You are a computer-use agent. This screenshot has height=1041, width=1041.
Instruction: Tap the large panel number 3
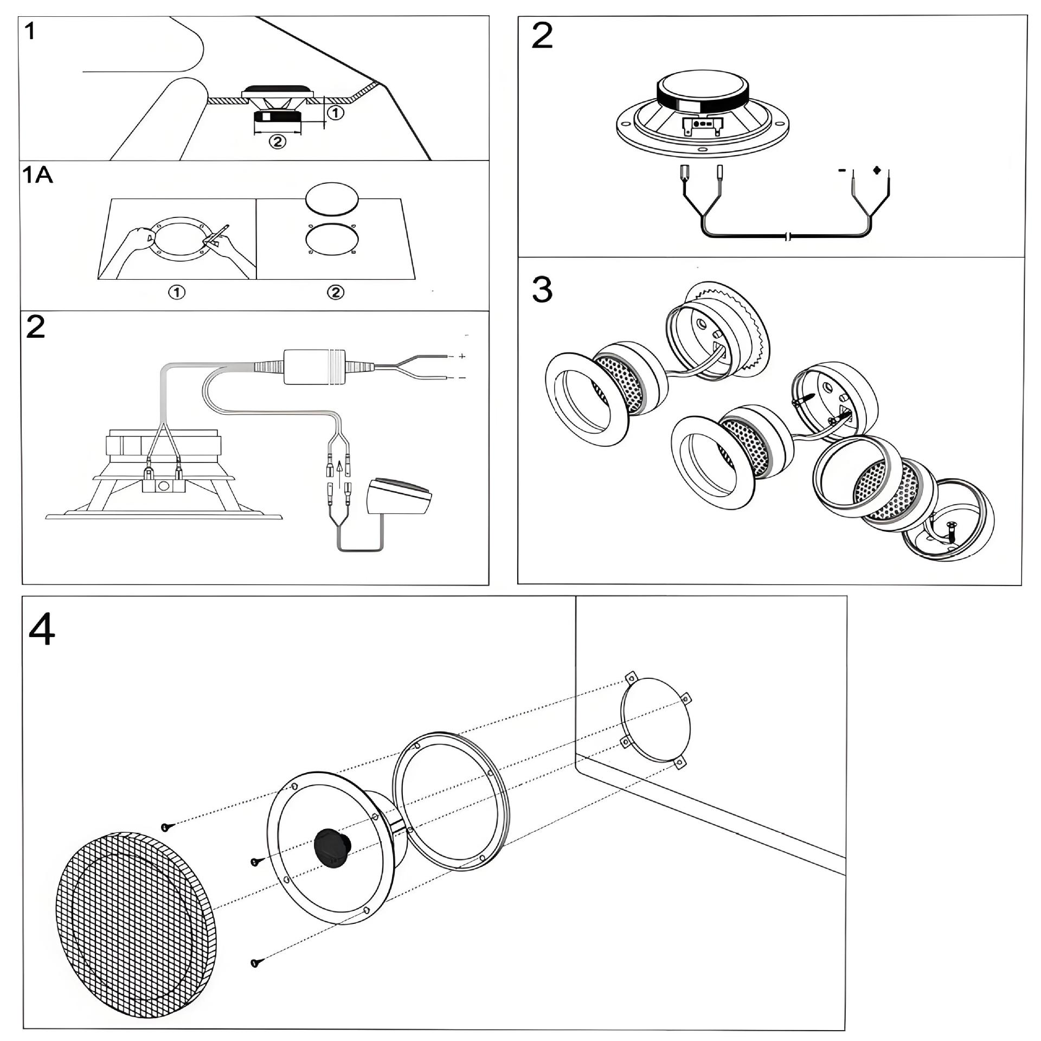[542, 290]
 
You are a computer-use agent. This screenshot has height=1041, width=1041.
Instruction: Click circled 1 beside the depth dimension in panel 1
[336, 113]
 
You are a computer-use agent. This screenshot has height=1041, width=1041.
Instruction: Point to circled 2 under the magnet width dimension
[277, 142]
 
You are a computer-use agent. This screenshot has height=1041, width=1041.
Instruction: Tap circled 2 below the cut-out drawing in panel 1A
[336, 293]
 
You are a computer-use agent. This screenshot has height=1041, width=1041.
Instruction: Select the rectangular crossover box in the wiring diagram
[314, 367]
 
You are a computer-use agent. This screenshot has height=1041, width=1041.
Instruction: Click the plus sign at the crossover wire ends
[462, 356]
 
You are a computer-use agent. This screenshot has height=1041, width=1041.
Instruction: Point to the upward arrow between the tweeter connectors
[339, 467]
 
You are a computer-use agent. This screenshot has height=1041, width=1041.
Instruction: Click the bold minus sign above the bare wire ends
[842, 170]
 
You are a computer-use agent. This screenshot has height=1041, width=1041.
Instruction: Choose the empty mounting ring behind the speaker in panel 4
[450, 802]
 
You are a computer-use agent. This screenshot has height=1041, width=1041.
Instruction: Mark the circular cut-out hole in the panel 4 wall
[656, 720]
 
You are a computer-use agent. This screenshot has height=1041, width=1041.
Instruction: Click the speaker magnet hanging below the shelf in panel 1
[278, 117]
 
